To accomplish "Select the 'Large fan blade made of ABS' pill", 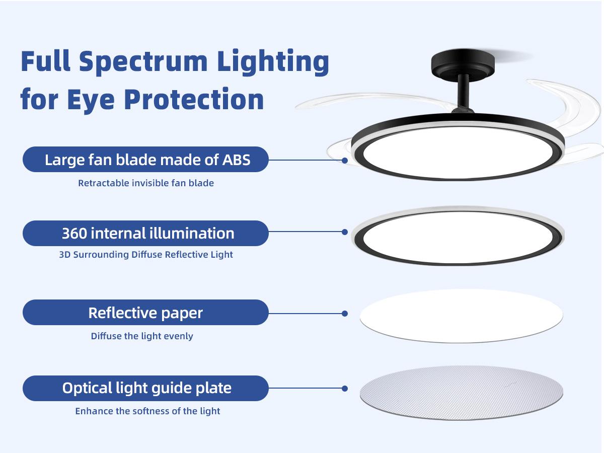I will pos(146,160).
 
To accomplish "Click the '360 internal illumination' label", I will pos(146,233).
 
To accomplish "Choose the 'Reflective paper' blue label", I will pos(146,313).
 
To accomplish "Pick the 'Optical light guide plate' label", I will pos(146,388).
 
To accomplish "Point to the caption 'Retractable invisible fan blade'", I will pos(146,183).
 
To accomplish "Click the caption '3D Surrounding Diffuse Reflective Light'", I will pos(146,255).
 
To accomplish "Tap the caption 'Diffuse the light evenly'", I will pos(142,336).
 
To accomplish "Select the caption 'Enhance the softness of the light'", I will pos(147,411).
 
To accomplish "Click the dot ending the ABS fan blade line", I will pos(345,161).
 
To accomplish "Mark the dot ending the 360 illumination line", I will pos(345,232).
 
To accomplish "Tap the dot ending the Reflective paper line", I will pos(345,314).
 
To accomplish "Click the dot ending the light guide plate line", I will pos(345,389).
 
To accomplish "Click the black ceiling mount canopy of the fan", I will pos(463,64).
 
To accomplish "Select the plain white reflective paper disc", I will pos(461,315).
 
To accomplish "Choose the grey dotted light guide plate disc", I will pos(461,392).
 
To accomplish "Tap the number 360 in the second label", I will pos(75,234).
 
